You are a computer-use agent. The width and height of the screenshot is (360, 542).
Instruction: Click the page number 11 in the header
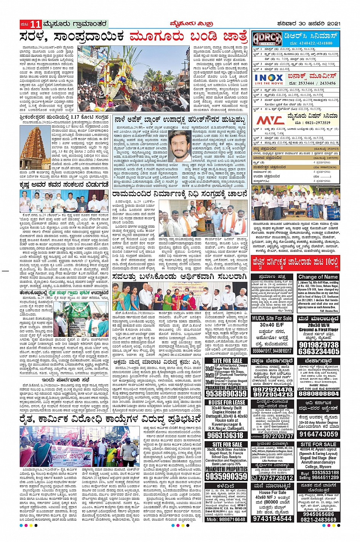[35, 24]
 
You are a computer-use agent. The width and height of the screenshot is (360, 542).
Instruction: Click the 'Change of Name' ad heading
[318, 277]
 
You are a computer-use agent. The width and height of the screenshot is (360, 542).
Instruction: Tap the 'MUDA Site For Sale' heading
[272, 318]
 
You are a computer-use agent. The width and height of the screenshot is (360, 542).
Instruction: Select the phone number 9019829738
[318, 345]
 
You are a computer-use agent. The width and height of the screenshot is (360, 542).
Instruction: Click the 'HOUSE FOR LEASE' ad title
[227, 402]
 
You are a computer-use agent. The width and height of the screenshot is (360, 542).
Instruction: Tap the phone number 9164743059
[318, 434]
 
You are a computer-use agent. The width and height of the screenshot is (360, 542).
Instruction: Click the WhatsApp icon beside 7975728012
[255, 478]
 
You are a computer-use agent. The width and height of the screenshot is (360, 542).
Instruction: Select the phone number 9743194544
[272, 518]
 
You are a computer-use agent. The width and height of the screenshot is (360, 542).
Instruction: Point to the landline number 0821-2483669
[318, 520]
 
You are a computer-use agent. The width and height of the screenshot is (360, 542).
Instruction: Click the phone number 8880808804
[318, 394]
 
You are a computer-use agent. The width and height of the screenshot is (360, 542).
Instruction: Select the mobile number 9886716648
[226, 519]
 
